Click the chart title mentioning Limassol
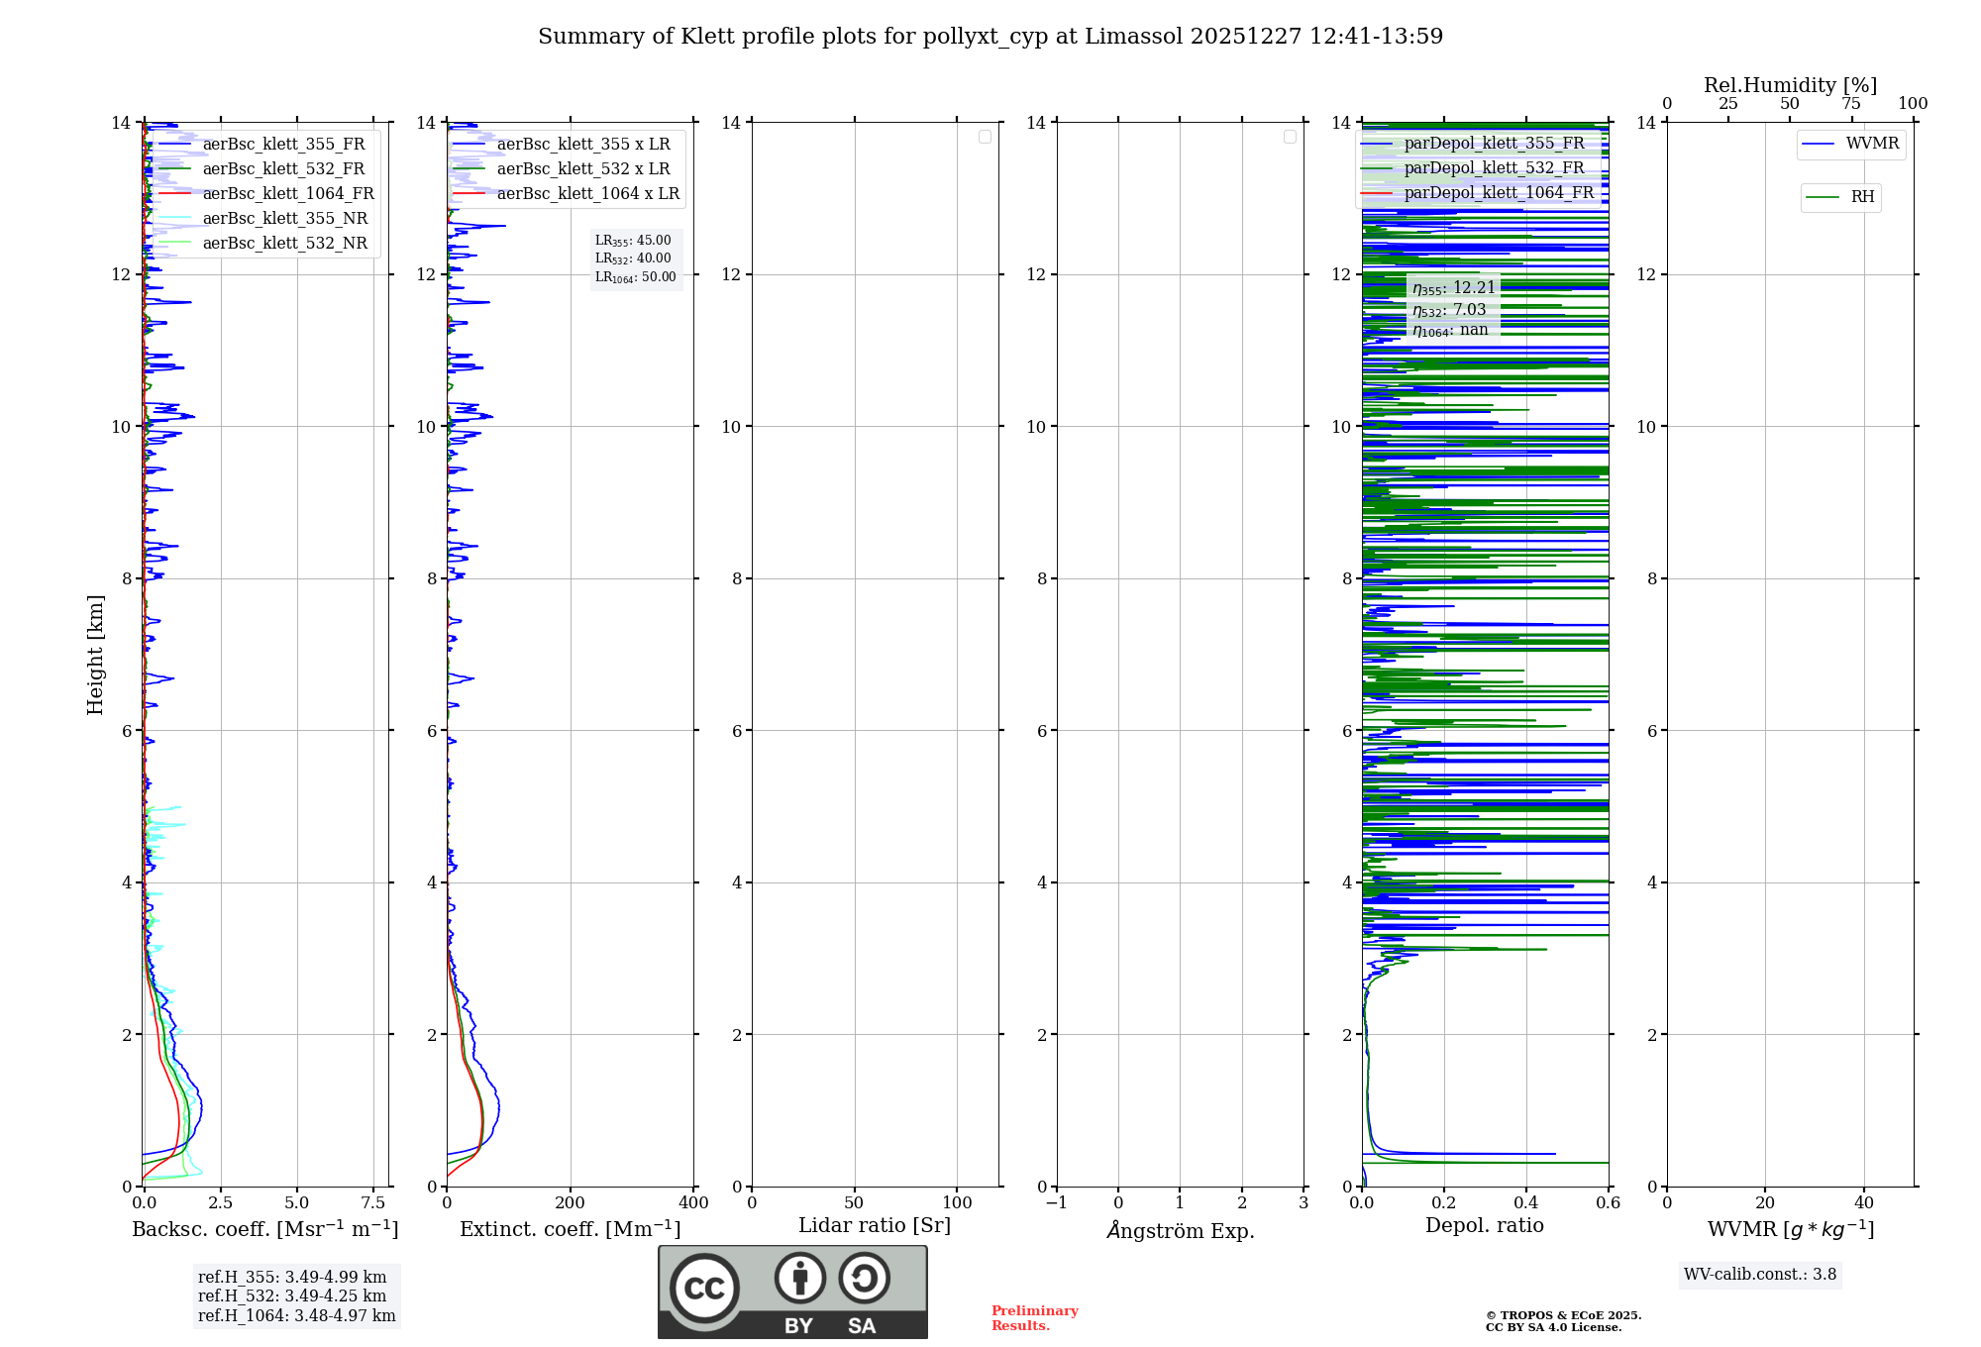point(990,37)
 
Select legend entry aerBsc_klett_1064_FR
point(287,194)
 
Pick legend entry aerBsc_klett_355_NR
point(284,219)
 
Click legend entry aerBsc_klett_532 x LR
point(582,169)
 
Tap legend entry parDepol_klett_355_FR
point(1494,144)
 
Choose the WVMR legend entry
point(1871,144)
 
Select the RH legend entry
point(1861,197)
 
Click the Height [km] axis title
point(95,655)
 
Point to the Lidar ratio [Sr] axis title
point(875,1226)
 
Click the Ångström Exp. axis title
point(1180,1231)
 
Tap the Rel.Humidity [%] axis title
point(1790,85)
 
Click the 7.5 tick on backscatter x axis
point(373,1203)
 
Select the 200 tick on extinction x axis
point(571,1203)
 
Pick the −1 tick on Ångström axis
point(1057,1203)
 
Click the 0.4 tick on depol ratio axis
point(1526,1203)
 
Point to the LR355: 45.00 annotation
point(634,241)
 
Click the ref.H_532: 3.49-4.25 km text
point(292,1296)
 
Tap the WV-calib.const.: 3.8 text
point(1760,1275)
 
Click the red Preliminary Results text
point(1034,1318)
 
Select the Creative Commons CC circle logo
point(704,1289)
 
